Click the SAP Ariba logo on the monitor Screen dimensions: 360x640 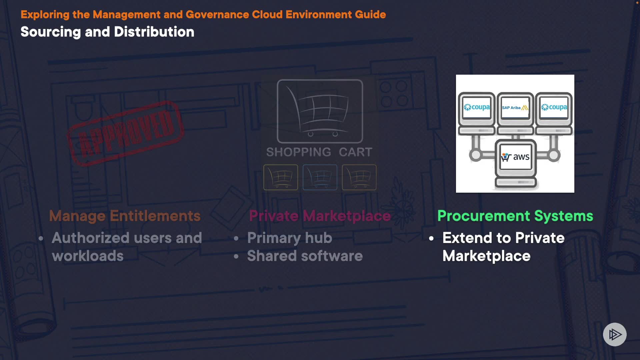pos(515,108)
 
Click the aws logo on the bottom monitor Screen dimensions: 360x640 pos(515,157)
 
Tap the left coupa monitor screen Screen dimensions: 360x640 pos(477,107)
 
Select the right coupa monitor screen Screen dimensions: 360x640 pos(554,107)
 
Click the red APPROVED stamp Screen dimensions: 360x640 pos(126,133)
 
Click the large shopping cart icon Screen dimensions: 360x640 pos(320,111)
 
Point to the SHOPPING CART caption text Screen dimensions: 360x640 pos(319,152)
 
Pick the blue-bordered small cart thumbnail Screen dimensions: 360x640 pos(320,177)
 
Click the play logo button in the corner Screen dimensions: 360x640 pos(615,334)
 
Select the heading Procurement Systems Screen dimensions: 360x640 pos(515,216)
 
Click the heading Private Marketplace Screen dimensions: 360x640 pos(320,216)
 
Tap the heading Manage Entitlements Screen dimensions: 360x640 pos(125,216)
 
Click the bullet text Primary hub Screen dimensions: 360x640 pos(289,238)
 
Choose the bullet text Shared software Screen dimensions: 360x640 pos(305,256)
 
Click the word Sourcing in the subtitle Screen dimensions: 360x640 pos(51,32)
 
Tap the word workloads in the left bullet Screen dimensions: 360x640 pos(88,256)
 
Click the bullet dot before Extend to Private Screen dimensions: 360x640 pos(431,238)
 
